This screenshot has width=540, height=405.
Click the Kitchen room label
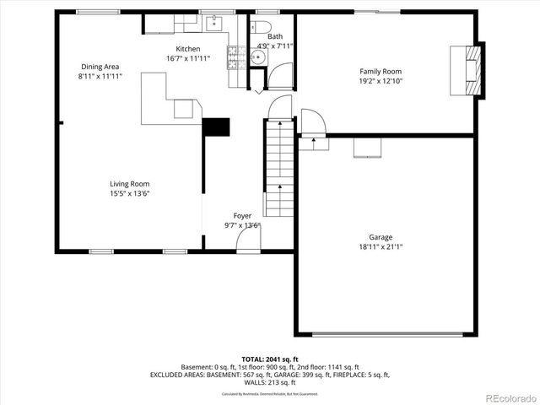tap(187, 49)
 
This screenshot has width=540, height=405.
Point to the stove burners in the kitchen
tap(234, 57)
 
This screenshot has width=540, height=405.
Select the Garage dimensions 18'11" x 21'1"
tap(380, 247)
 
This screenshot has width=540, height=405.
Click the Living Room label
tap(129, 184)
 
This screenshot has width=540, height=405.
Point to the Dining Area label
tap(100, 67)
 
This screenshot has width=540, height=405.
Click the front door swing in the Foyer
tap(248, 240)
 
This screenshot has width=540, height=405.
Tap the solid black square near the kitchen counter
tap(216, 127)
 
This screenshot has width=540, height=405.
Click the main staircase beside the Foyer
tap(278, 169)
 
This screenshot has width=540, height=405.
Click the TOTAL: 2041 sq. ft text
tap(270, 359)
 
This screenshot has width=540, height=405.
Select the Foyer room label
tap(242, 216)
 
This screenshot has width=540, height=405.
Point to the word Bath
tap(275, 37)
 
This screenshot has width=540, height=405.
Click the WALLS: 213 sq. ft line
tap(270, 381)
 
